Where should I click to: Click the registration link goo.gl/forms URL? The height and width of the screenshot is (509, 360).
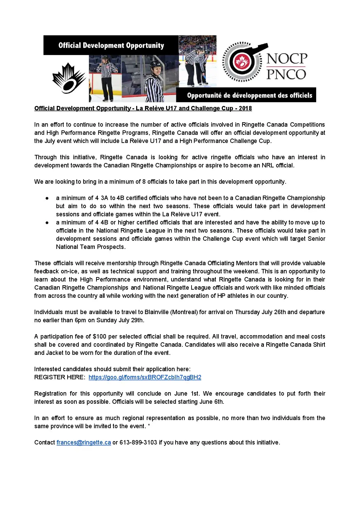click(x=145, y=377)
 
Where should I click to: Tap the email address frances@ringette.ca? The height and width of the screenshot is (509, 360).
click(x=84, y=442)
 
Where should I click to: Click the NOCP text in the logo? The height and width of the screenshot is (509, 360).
click(x=287, y=59)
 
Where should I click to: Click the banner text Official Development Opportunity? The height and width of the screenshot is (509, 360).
click(x=111, y=46)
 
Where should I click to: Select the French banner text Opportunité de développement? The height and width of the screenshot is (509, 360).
click(x=249, y=95)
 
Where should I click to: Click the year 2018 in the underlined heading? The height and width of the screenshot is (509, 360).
click(x=245, y=108)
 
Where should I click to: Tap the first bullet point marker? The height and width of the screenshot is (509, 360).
click(x=47, y=198)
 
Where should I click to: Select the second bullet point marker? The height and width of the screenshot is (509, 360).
click(x=47, y=222)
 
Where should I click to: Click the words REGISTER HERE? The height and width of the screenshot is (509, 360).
click(x=60, y=377)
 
